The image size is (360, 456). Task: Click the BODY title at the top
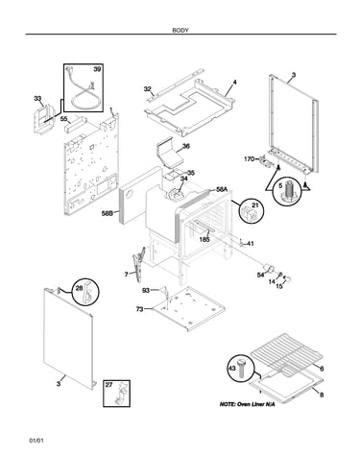pos(180,31)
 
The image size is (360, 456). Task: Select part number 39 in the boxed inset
pos(97,69)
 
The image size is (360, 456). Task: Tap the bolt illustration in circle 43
pos(242,369)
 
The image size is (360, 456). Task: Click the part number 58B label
pos(108,213)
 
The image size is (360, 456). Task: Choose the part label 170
pos(250,158)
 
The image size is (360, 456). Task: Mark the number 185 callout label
pos(204,239)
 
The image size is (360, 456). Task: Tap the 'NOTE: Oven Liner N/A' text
pos(247,404)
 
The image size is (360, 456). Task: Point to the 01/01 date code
pos(36,441)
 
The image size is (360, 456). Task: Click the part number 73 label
pos(139,309)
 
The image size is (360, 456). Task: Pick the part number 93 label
pos(146,290)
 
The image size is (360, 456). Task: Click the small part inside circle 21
pos(252,213)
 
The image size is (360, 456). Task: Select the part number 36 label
pos(186,146)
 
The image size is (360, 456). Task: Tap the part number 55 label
pos(64,119)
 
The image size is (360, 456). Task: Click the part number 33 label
pos(37,98)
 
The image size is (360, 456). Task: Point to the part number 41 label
pos(251,244)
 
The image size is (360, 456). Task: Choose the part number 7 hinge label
pos(127,275)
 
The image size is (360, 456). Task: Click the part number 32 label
pos(147,89)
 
